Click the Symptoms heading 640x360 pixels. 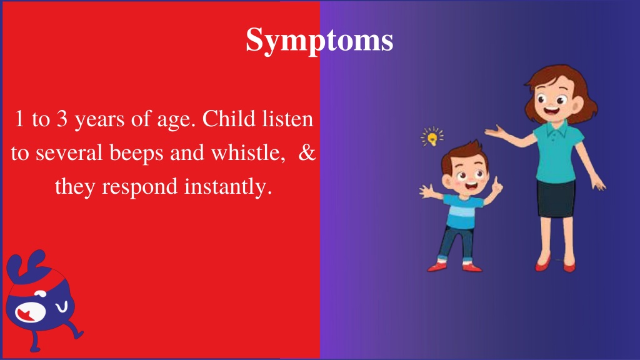click(x=319, y=40)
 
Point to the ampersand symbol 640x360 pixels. click(x=307, y=152)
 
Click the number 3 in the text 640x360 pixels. click(x=62, y=119)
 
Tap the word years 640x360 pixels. click(x=99, y=121)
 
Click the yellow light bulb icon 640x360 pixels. click(x=432, y=137)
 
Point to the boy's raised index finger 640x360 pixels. click(x=496, y=182)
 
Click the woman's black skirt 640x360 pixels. click(x=556, y=199)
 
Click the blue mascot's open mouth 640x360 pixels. click(x=30, y=312)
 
